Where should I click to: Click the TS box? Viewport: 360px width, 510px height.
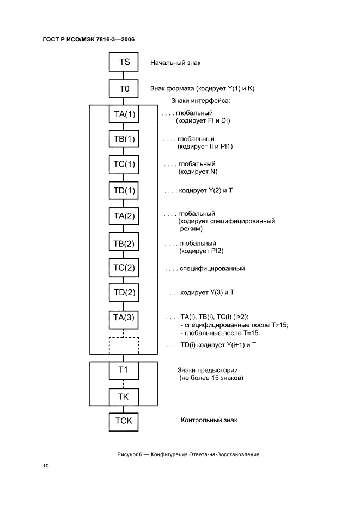coord(124,62)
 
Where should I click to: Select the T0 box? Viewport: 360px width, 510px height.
coord(124,88)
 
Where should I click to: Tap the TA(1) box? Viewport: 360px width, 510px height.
coord(124,114)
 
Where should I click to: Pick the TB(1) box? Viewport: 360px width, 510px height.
coord(124,139)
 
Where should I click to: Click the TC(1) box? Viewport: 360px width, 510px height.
coord(124,165)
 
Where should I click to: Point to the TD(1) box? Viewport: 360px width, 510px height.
coord(124,191)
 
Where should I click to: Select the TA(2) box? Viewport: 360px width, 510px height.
coord(124,216)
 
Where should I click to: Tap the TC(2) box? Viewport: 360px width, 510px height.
coord(124,268)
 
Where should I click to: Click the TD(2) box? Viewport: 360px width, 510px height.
coord(124,293)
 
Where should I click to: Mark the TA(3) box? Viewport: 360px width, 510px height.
coord(124,318)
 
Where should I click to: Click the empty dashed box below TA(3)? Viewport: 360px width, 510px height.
coord(124,345)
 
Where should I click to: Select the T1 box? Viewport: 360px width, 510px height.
coord(124,370)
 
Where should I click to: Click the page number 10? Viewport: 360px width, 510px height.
coord(46,466)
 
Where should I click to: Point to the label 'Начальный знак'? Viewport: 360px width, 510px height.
coord(175,63)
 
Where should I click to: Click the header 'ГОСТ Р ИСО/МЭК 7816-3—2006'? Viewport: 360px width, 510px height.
coord(88,39)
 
